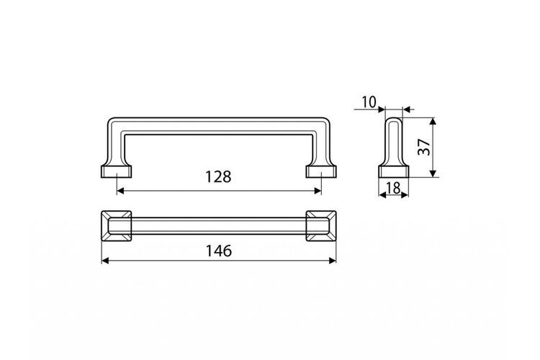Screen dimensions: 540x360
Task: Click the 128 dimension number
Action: (x=218, y=176)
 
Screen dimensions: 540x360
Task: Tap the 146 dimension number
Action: (x=219, y=251)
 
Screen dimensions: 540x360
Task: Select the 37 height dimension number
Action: (x=424, y=147)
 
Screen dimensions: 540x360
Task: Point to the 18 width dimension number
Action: (x=393, y=188)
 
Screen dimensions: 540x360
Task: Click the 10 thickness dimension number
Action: (x=369, y=102)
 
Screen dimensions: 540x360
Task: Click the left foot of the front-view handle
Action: (x=117, y=171)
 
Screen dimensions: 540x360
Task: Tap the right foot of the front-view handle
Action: (x=321, y=171)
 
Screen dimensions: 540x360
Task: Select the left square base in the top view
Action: (x=117, y=225)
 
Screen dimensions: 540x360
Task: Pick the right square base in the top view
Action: (x=321, y=225)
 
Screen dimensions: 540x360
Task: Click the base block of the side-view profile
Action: (x=394, y=171)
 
